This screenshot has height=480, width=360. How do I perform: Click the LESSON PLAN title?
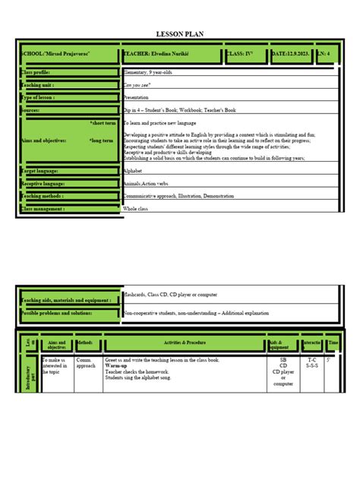pyautogui.click(x=179, y=34)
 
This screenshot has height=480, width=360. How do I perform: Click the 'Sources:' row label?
pyautogui.click(x=31, y=110)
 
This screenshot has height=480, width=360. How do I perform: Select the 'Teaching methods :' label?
pyautogui.click(x=43, y=195)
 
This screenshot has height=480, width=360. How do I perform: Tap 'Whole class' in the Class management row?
pyautogui.click(x=137, y=208)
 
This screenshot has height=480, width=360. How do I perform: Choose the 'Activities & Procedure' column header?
pyautogui.click(x=184, y=343)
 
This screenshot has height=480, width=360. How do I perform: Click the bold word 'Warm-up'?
pyautogui.click(x=116, y=365)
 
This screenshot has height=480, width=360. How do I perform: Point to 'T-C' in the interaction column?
pyautogui.click(x=311, y=359)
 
